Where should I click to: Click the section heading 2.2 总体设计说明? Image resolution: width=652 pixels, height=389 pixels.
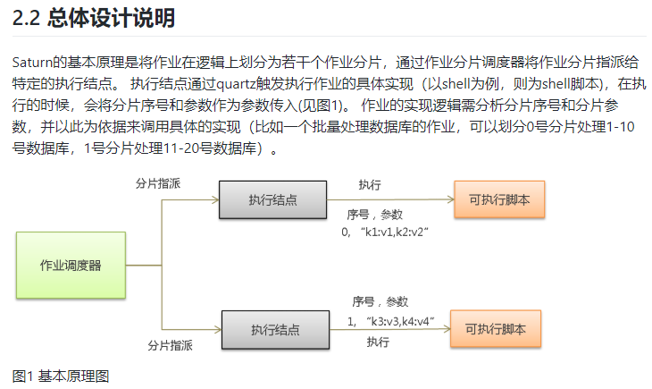pyautogui.click(x=94, y=17)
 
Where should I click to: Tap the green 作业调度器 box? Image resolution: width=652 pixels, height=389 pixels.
pyautogui.click(x=71, y=266)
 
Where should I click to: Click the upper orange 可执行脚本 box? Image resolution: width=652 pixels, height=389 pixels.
pyautogui.click(x=499, y=199)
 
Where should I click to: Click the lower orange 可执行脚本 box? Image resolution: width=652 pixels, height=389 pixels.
pyautogui.click(x=495, y=329)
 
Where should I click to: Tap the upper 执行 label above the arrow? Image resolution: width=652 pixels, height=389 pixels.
pyautogui.click(x=370, y=184)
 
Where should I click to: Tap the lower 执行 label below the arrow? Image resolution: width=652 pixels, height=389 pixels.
pyautogui.click(x=378, y=342)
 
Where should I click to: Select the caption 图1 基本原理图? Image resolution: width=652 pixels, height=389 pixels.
pyautogui.click(x=61, y=376)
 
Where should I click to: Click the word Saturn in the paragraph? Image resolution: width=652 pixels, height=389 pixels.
pyautogui.click(x=33, y=63)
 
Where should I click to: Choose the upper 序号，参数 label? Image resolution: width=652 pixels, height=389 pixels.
pyautogui.click(x=375, y=216)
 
